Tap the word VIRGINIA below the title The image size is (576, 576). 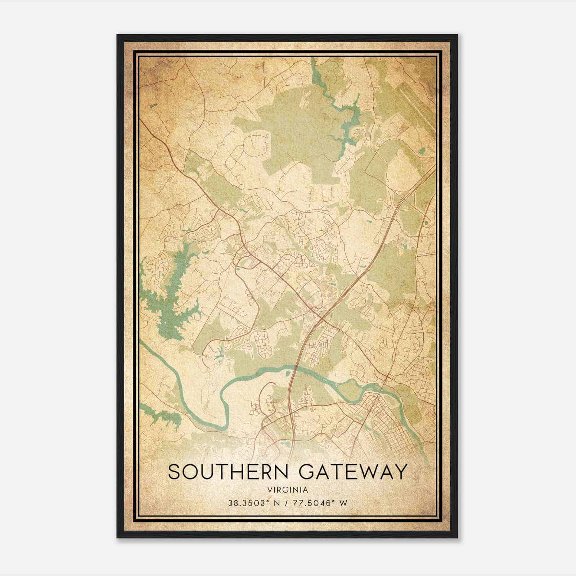pyautogui.click(x=288, y=490)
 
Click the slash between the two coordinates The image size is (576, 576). pyautogui.click(x=287, y=503)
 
